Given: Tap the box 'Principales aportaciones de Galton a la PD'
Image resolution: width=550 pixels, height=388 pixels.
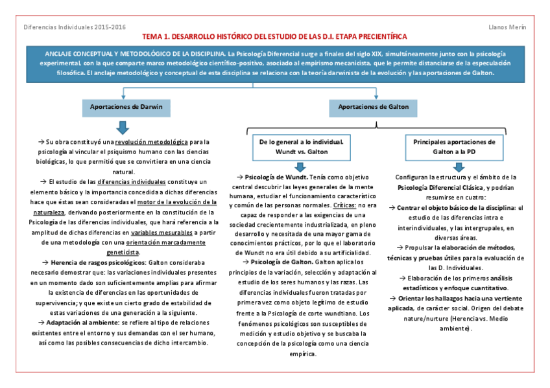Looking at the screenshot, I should (x=454, y=146).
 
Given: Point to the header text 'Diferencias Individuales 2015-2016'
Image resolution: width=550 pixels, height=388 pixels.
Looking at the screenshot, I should (x=74, y=27).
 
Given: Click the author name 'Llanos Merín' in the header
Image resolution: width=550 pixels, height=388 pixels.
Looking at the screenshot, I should (x=507, y=27).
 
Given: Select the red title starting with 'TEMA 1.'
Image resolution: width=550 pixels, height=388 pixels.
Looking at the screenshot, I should (x=275, y=37).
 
